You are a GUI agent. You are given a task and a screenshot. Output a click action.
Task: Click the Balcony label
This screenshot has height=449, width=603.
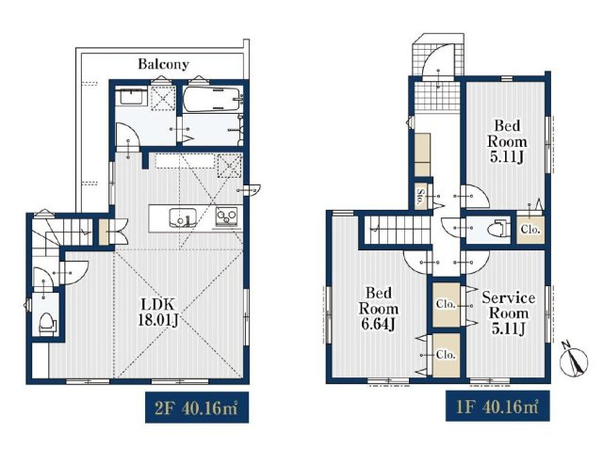[163, 64]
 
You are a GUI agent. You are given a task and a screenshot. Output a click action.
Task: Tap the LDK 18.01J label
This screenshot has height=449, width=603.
[158, 313]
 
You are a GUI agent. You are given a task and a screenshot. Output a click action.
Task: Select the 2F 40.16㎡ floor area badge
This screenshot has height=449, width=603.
[197, 408]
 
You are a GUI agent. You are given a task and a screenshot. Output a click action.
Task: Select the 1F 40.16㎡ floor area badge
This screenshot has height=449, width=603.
[497, 407]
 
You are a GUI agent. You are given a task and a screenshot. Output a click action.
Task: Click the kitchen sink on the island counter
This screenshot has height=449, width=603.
[183, 217]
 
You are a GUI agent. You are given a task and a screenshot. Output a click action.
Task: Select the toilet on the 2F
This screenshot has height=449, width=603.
[47, 322]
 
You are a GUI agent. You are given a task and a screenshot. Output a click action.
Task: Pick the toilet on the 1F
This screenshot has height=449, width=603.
[497, 230]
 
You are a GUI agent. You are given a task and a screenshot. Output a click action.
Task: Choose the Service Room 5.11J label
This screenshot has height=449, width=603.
[509, 313]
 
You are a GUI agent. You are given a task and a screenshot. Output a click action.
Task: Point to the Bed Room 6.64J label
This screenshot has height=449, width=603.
[378, 309]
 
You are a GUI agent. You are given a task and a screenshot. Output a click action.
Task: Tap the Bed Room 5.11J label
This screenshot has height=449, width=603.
[507, 141]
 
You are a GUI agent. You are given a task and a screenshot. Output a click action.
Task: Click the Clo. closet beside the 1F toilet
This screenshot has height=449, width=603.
[530, 230]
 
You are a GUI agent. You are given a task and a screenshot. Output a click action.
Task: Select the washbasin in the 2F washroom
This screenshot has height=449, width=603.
[131, 95]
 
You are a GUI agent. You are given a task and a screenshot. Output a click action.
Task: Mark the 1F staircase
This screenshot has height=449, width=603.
[398, 230]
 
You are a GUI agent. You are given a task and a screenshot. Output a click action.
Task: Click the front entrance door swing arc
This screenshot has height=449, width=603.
[436, 60]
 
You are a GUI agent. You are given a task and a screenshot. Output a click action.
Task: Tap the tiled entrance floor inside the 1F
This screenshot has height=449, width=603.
[437, 95]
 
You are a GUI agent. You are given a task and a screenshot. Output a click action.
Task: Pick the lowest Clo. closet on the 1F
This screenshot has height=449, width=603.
[446, 355]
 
